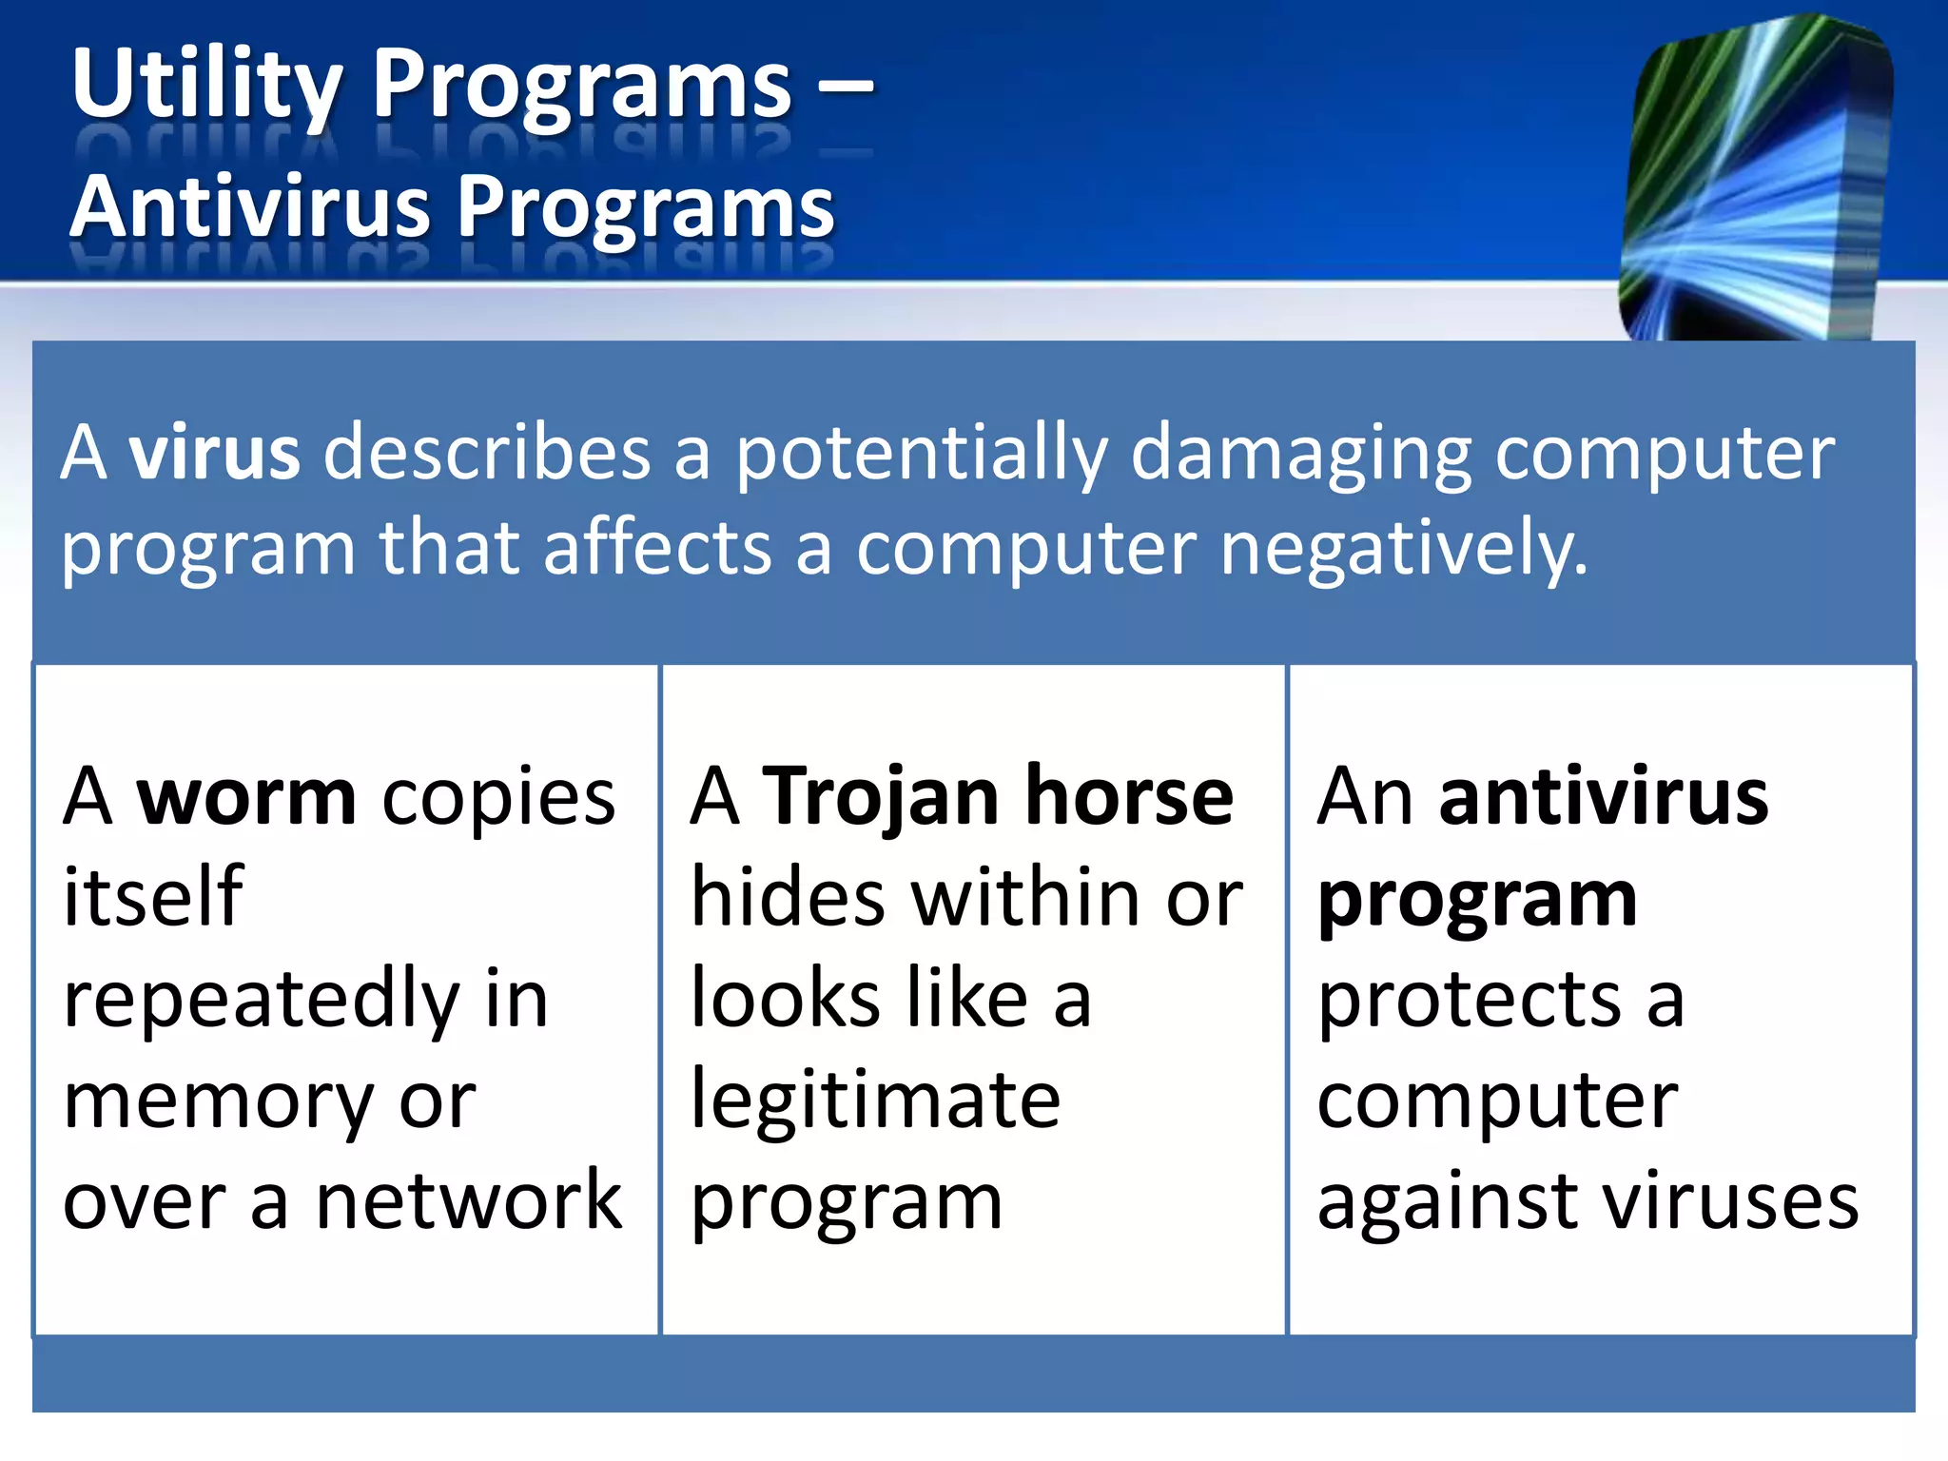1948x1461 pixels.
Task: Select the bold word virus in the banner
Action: pyautogui.click(x=215, y=452)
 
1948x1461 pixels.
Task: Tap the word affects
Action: pyautogui.click(x=657, y=548)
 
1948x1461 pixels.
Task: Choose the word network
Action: pyautogui.click(x=469, y=1201)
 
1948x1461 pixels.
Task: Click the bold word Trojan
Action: pyautogui.click(x=881, y=797)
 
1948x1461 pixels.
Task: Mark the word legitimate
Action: pyautogui.click(x=875, y=1101)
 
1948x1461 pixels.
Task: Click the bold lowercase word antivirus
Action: pyautogui.click(x=1604, y=797)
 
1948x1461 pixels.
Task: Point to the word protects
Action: pyautogui.click(x=1469, y=1001)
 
